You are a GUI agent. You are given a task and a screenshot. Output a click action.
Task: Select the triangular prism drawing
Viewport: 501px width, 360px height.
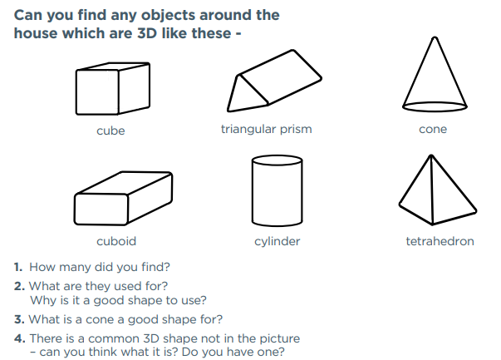click(x=274, y=81)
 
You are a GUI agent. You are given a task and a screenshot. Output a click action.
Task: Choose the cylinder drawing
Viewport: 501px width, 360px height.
click(x=277, y=191)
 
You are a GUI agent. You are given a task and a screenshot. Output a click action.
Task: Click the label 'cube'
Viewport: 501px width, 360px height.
click(x=111, y=131)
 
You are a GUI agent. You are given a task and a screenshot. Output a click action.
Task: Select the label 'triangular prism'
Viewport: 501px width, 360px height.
click(x=266, y=130)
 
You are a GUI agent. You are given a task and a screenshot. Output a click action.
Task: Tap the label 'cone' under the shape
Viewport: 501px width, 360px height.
click(x=433, y=129)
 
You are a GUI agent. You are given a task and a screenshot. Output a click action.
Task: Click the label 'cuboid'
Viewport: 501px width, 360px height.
click(x=116, y=241)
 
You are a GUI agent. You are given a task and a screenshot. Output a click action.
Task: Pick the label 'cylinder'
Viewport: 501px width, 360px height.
click(x=277, y=242)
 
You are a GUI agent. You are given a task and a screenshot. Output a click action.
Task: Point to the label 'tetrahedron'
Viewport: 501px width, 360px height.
click(x=440, y=241)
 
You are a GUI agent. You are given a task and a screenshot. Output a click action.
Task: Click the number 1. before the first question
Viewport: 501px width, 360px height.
click(x=18, y=267)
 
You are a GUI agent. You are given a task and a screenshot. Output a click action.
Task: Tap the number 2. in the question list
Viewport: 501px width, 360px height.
click(x=19, y=286)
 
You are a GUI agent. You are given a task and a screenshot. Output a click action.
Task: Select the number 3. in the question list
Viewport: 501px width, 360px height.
click(x=19, y=319)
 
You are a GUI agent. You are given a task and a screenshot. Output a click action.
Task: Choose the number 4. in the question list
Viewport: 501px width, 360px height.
click(x=19, y=338)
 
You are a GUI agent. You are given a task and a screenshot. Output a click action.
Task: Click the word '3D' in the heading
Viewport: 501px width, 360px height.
click(x=147, y=33)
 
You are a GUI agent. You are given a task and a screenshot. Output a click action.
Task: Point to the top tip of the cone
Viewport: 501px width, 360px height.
click(x=435, y=37)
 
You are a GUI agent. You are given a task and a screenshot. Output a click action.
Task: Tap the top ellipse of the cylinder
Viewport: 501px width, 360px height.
click(x=277, y=160)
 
